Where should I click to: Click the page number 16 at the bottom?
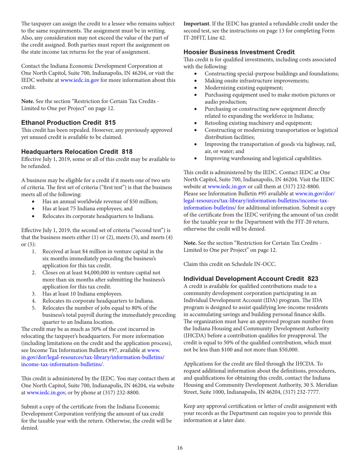(180, 448)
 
